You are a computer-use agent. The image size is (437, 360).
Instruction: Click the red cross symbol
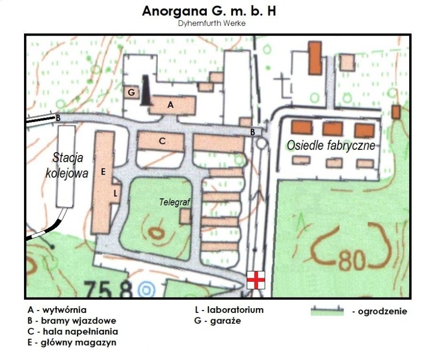[x=255, y=280]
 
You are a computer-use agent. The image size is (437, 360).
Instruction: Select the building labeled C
[x=162, y=141]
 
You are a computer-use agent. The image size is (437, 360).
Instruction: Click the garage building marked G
[x=131, y=92]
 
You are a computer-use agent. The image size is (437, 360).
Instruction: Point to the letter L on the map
[x=115, y=193]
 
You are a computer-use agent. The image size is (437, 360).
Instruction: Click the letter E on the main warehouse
[x=103, y=171]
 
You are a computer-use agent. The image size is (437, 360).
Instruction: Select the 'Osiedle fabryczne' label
[x=331, y=145]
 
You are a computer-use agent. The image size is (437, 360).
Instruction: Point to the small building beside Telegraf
[x=185, y=216]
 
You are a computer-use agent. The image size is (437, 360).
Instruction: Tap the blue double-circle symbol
[x=145, y=290]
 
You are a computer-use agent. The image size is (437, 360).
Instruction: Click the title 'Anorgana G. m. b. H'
[x=209, y=11]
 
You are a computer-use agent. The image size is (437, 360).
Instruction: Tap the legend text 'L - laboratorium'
[x=226, y=310]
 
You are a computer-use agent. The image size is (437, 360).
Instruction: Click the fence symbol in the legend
[x=327, y=311]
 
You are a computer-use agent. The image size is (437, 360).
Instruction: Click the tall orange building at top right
[x=315, y=58]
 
